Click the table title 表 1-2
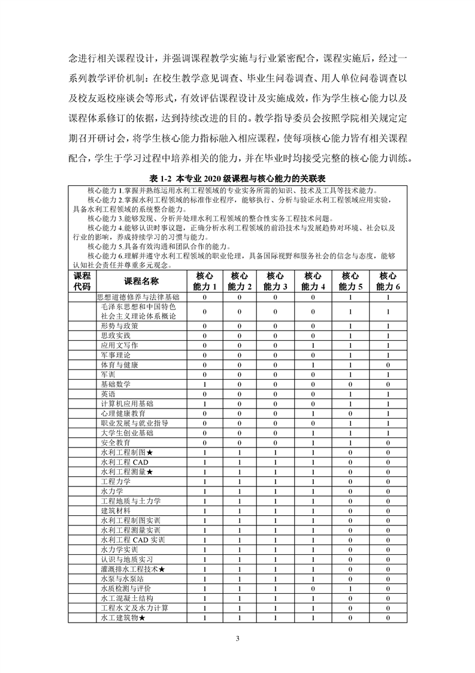pyautogui.click(x=237, y=179)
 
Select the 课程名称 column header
pyautogui.click(x=141, y=281)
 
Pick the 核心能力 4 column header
pyautogui.click(x=313, y=281)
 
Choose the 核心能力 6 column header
pyautogui.click(x=388, y=281)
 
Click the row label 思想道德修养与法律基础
pyautogui.click(x=141, y=297)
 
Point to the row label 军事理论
pyautogui.click(x=116, y=355)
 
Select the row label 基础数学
pyautogui.click(x=116, y=384)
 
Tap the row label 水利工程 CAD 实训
pyautogui.click(x=134, y=540)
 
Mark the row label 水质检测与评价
pyautogui.click(x=126, y=588)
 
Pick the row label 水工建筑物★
pyautogui.click(x=123, y=617)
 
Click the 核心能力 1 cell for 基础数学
pyautogui.click(x=205, y=384)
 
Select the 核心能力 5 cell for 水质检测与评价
pyautogui.click(x=350, y=588)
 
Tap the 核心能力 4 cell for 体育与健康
pyautogui.click(x=313, y=365)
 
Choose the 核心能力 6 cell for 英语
pyautogui.click(x=388, y=394)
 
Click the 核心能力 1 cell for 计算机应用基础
pyautogui.click(x=205, y=404)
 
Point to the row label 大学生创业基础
pyautogui.click(x=126, y=432)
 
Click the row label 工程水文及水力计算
pyautogui.click(x=135, y=608)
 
